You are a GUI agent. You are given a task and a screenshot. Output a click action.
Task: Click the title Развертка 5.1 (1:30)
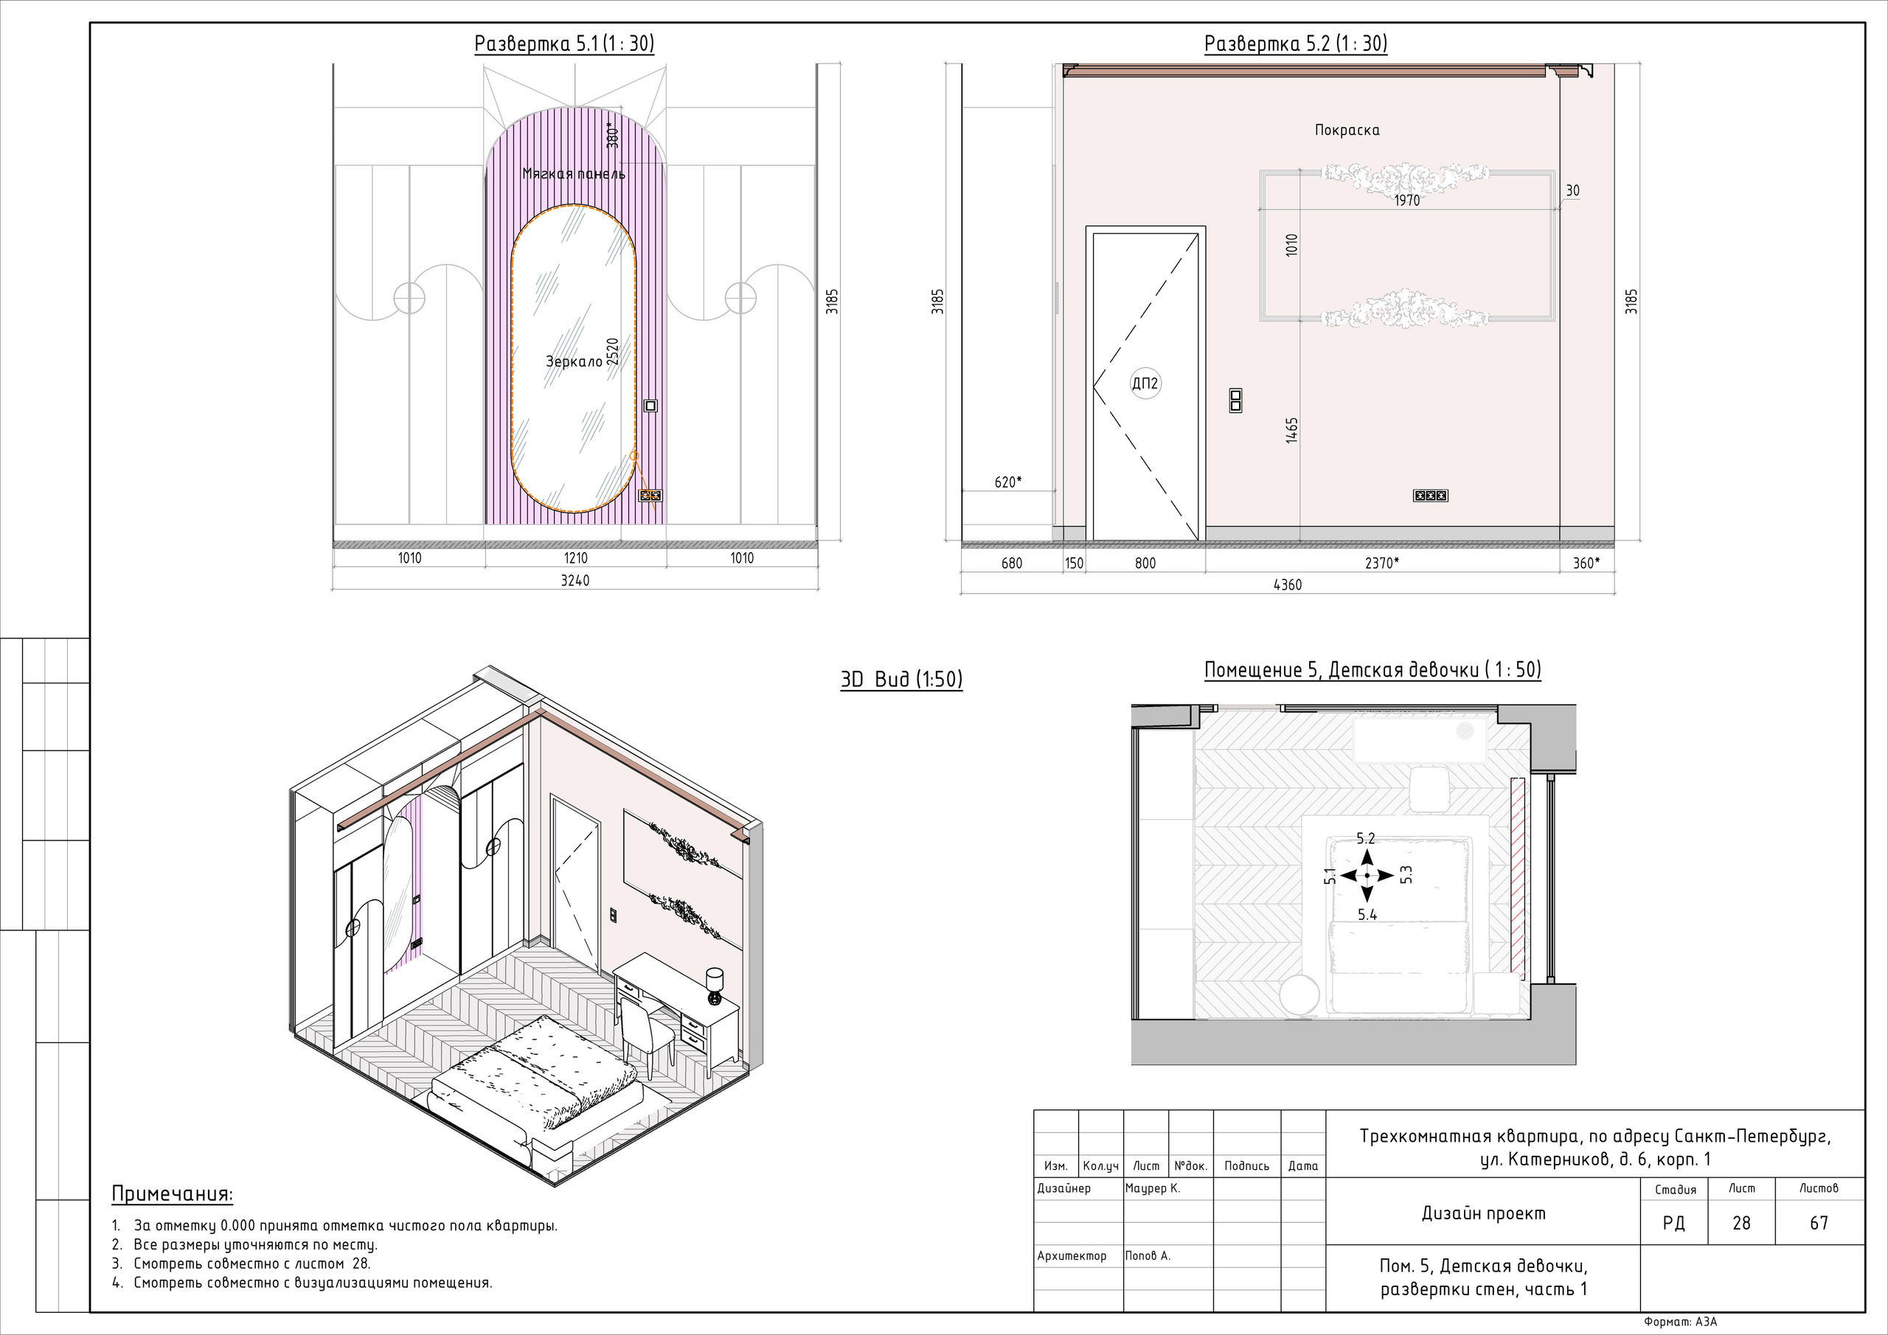(564, 43)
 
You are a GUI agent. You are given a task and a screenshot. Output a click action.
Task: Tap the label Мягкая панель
(574, 173)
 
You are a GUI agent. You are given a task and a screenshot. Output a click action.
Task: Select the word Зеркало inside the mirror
(574, 362)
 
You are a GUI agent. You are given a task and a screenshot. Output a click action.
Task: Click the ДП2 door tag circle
(1145, 383)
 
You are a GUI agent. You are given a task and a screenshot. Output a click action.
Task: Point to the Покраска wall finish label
(1347, 130)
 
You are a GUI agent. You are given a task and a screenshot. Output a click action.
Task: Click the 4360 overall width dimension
(1287, 585)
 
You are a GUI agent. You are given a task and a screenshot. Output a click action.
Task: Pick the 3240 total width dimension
(575, 580)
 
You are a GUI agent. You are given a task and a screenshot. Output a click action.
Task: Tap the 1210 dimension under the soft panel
(575, 558)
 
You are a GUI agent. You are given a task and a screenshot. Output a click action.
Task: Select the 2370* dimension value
(1381, 563)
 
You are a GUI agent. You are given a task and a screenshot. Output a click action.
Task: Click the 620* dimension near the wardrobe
(1008, 481)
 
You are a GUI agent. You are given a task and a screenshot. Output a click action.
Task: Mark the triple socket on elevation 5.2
(1431, 495)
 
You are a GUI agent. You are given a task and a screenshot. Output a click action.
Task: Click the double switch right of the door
(1235, 400)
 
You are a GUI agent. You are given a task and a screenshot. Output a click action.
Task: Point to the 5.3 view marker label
(1406, 874)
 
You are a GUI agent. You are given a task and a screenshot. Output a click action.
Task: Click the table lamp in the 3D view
(715, 986)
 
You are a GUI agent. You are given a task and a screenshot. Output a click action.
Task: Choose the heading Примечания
(172, 1194)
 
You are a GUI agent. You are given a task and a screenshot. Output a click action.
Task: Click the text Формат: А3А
(1681, 1322)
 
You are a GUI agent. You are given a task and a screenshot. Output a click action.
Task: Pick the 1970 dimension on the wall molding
(1407, 200)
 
